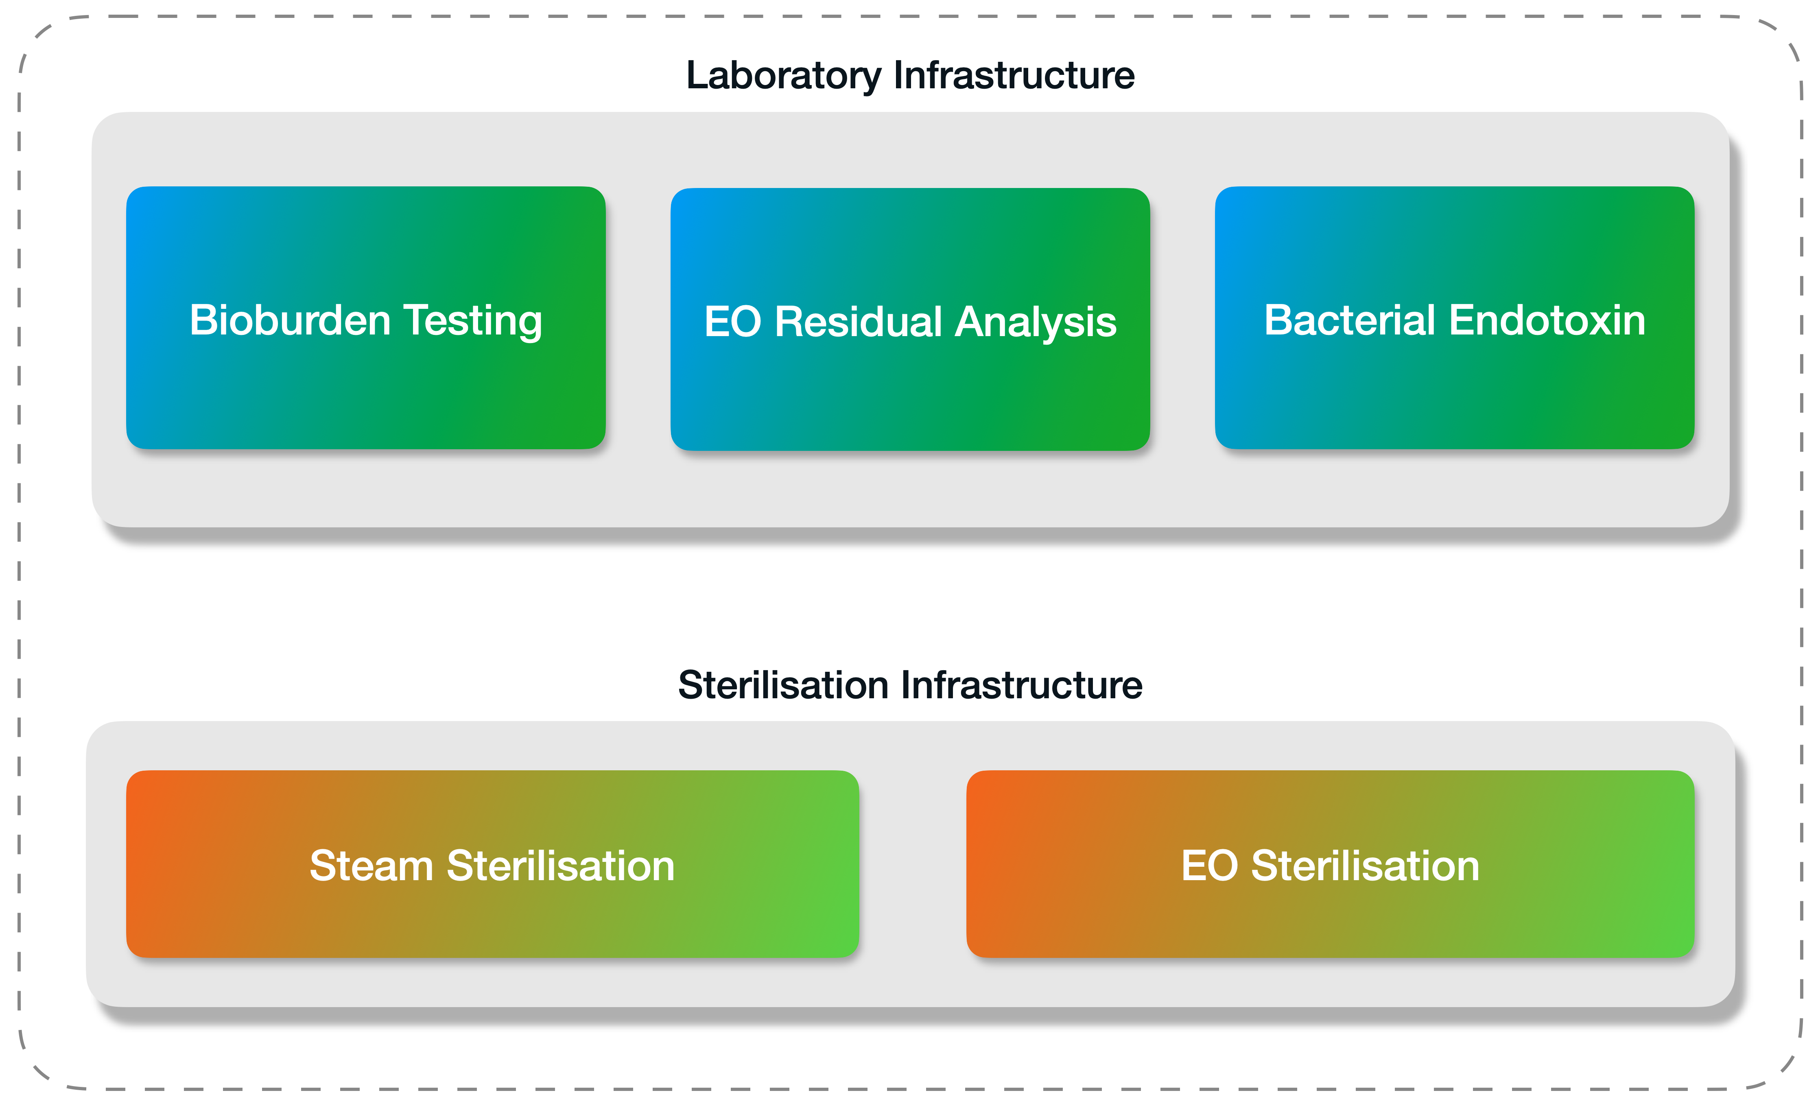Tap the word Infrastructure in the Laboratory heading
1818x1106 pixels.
coord(1014,75)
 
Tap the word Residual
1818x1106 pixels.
coord(859,322)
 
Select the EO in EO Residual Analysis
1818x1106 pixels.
coord(733,322)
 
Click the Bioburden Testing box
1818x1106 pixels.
coord(366,318)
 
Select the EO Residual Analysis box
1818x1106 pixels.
coord(911,319)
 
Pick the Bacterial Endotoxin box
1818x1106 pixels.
coord(1455,318)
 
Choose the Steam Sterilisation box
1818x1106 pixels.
coord(493,864)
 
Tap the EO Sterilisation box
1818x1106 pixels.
coord(1330,864)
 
